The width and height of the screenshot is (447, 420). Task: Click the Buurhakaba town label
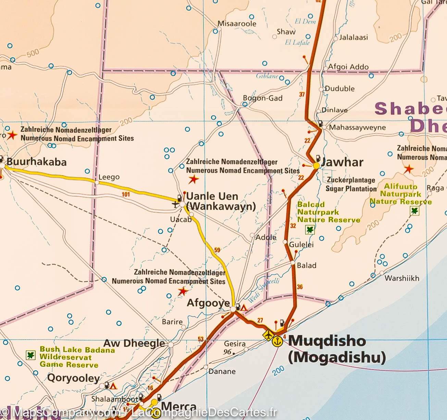point(37,162)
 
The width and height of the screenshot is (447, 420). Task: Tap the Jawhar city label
point(342,162)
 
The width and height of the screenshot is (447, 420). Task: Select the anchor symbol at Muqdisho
point(277,341)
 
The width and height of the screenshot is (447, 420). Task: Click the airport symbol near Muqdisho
point(268,335)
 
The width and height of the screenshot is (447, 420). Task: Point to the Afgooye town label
point(208,303)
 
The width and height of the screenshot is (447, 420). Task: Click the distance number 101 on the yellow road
point(126,195)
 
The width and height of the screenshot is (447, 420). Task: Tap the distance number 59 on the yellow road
point(217,250)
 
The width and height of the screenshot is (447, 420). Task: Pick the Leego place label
point(109,177)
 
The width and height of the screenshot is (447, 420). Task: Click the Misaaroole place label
point(237,24)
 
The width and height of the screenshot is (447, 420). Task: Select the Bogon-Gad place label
point(263,98)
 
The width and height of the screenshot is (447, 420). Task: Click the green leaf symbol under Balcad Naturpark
point(310,230)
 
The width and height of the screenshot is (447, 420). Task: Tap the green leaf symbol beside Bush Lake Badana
point(31,355)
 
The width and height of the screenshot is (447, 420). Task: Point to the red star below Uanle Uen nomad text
point(194,179)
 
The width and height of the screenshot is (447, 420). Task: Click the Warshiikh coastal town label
point(402,278)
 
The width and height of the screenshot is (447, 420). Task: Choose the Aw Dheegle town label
point(134,343)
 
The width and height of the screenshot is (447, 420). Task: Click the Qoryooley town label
point(73,378)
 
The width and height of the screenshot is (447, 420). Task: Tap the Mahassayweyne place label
point(357,128)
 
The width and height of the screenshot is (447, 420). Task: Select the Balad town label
point(307,265)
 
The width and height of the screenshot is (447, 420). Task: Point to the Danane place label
point(222,371)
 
